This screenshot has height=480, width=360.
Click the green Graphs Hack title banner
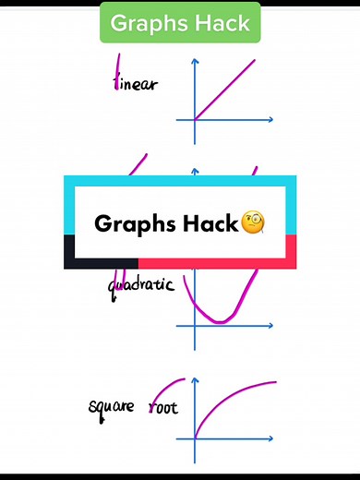(x=180, y=22)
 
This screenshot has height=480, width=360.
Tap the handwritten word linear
(x=135, y=85)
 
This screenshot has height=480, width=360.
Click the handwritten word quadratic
(x=141, y=285)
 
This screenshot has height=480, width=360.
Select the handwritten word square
(x=111, y=407)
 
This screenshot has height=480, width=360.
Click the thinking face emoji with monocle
(x=253, y=223)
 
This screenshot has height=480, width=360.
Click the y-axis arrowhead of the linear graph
(x=195, y=62)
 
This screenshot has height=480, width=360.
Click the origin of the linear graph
(x=195, y=119)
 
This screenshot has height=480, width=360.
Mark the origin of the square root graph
(x=195, y=437)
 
